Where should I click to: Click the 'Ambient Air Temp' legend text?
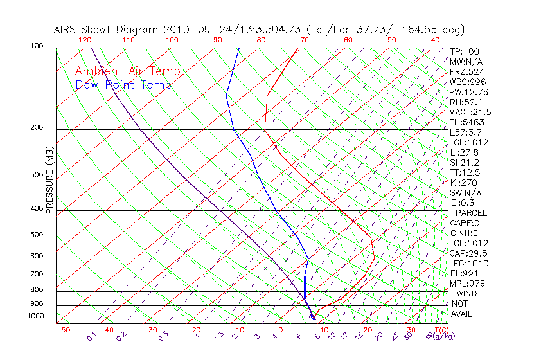[127, 72]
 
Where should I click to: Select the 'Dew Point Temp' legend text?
[123, 85]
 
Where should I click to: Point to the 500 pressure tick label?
[37, 235]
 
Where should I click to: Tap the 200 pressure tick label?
[37, 127]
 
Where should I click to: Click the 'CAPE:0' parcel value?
[465, 223]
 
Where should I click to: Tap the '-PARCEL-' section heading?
[471, 213]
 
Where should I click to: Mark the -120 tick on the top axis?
[82, 40]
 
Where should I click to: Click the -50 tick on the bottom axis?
[62, 330]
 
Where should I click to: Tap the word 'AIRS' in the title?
[66, 30]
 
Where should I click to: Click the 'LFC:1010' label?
[469, 263]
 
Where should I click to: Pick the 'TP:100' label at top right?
[465, 51]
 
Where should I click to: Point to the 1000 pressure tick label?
[35, 316]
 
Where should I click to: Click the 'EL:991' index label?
[465, 273]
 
